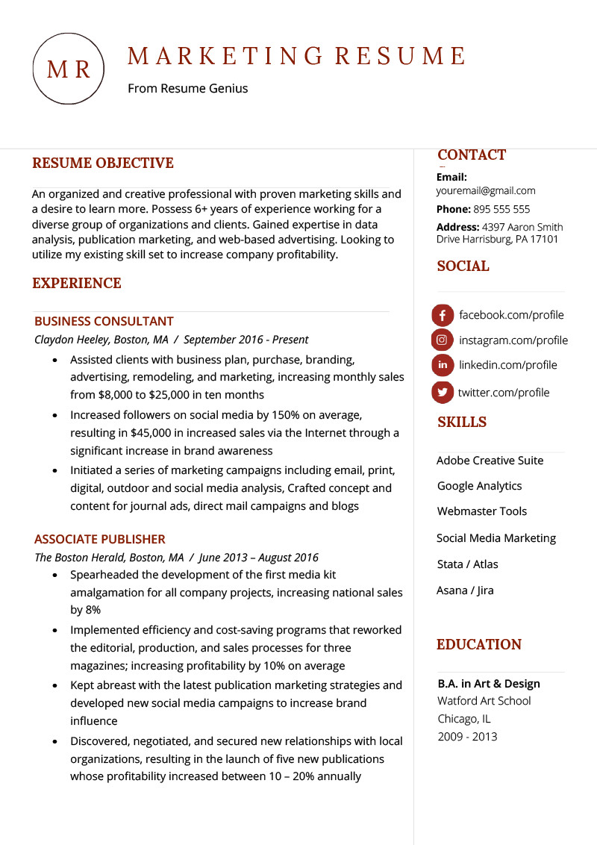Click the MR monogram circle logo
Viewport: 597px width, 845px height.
[x=69, y=69]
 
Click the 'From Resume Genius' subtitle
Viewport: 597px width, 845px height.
[x=187, y=89]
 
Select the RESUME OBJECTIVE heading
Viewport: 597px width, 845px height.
[x=103, y=163]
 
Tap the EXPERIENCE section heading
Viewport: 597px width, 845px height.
[x=77, y=284]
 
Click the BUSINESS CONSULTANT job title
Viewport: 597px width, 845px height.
[x=104, y=322]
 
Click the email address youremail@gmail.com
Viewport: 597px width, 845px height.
[x=486, y=191]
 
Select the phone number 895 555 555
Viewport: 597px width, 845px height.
[x=501, y=210]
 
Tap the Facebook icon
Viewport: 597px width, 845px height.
[x=443, y=315]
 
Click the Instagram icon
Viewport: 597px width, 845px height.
[x=443, y=340]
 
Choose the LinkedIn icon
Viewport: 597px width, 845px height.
[x=443, y=365]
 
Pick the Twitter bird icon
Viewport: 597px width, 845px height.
[x=443, y=392]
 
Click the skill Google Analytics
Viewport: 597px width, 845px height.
[x=479, y=486]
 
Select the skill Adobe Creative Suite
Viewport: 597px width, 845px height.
[x=490, y=461]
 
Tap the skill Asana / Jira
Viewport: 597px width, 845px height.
[x=465, y=590]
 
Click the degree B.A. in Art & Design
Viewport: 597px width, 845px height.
[x=488, y=684]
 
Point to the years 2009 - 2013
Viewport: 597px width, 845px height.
[x=467, y=737]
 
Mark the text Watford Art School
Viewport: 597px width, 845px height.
[x=484, y=701]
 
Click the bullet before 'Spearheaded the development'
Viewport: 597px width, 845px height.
[x=54, y=576]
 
